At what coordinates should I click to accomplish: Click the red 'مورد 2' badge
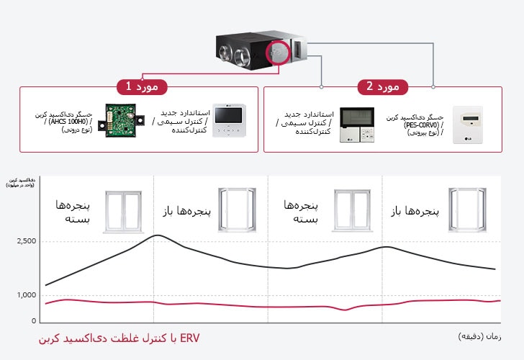(382, 86)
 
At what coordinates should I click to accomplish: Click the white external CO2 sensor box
(471, 124)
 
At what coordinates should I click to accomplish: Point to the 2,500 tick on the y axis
(26, 240)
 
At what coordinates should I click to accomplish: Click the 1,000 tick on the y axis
(26, 295)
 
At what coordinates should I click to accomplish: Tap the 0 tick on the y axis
(33, 320)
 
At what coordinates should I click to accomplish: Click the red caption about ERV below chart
(118, 338)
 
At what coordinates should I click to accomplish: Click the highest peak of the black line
(158, 235)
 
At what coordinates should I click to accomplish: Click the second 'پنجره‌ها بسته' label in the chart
(301, 212)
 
